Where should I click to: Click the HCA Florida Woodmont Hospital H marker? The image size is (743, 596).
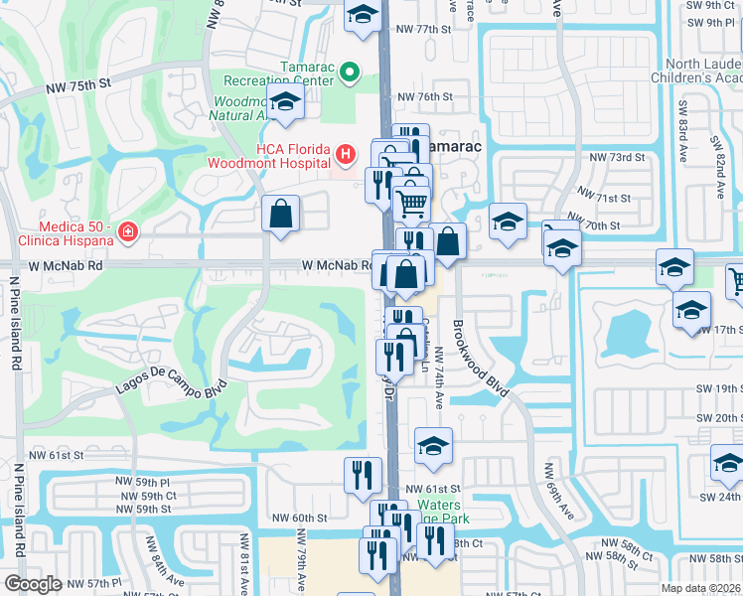(345, 154)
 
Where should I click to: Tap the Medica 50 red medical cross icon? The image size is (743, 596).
(127, 232)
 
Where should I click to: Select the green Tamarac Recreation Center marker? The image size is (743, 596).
(349, 72)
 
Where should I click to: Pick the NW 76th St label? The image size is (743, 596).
(424, 97)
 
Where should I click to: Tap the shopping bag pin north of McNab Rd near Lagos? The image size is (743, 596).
(281, 213)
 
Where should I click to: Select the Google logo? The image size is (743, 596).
(34, 584)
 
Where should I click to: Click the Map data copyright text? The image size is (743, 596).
(701, 588)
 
